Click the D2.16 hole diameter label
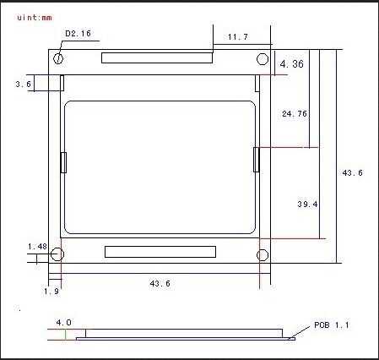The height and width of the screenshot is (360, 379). (x=78, y=34)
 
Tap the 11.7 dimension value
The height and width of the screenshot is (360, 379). (x=238, y=37)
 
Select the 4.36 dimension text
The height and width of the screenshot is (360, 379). (x=292, y=64)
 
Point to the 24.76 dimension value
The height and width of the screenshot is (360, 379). (x=295, y=114)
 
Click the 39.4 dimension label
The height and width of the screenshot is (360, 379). (x=307, y=204)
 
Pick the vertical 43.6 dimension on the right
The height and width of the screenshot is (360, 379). (x=353, y=172)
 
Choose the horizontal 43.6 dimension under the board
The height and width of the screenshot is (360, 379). (x=160, y=283)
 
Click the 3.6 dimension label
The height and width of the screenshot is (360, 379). (x=23, y=84)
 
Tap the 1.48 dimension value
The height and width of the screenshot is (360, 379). (x=37, y=247)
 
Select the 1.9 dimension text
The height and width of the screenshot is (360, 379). (x=51, y=292)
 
